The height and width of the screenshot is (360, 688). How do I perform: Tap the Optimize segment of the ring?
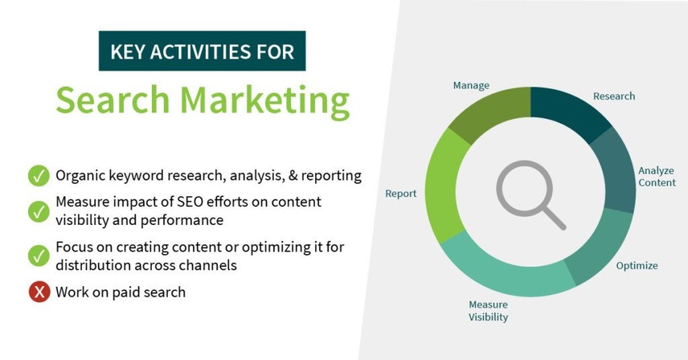[600, 247]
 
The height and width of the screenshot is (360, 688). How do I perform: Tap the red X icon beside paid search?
[39, 292]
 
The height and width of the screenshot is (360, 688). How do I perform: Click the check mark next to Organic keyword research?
[39, 176]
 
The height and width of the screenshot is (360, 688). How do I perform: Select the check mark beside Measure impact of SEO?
[39, 211]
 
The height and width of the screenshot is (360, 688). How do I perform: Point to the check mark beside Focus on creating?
[39, 256]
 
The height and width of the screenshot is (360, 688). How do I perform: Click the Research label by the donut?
[614, 96]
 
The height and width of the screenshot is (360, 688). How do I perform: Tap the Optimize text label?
[637, 266]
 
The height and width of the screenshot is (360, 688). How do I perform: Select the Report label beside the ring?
[400, 194]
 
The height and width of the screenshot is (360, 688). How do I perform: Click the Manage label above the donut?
[471, 85]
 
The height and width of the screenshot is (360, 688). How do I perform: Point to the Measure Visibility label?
[488, 311]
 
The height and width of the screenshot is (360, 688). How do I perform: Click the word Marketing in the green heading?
[264, 101]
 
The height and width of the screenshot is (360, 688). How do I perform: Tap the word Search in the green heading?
[113, 100]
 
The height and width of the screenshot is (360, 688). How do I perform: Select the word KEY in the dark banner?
[127, 51]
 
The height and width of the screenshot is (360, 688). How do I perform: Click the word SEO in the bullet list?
[189, 202]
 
